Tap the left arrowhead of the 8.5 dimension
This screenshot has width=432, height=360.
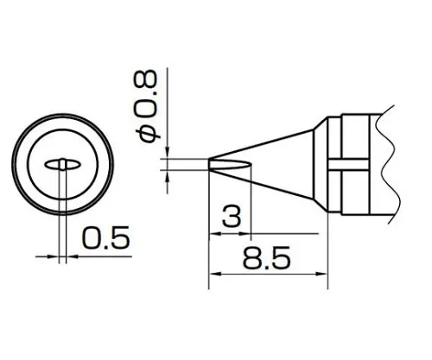click(215, 275)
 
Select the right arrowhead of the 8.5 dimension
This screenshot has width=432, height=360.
click(325, 275)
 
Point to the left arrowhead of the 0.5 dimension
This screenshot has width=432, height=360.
click(54, 256)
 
